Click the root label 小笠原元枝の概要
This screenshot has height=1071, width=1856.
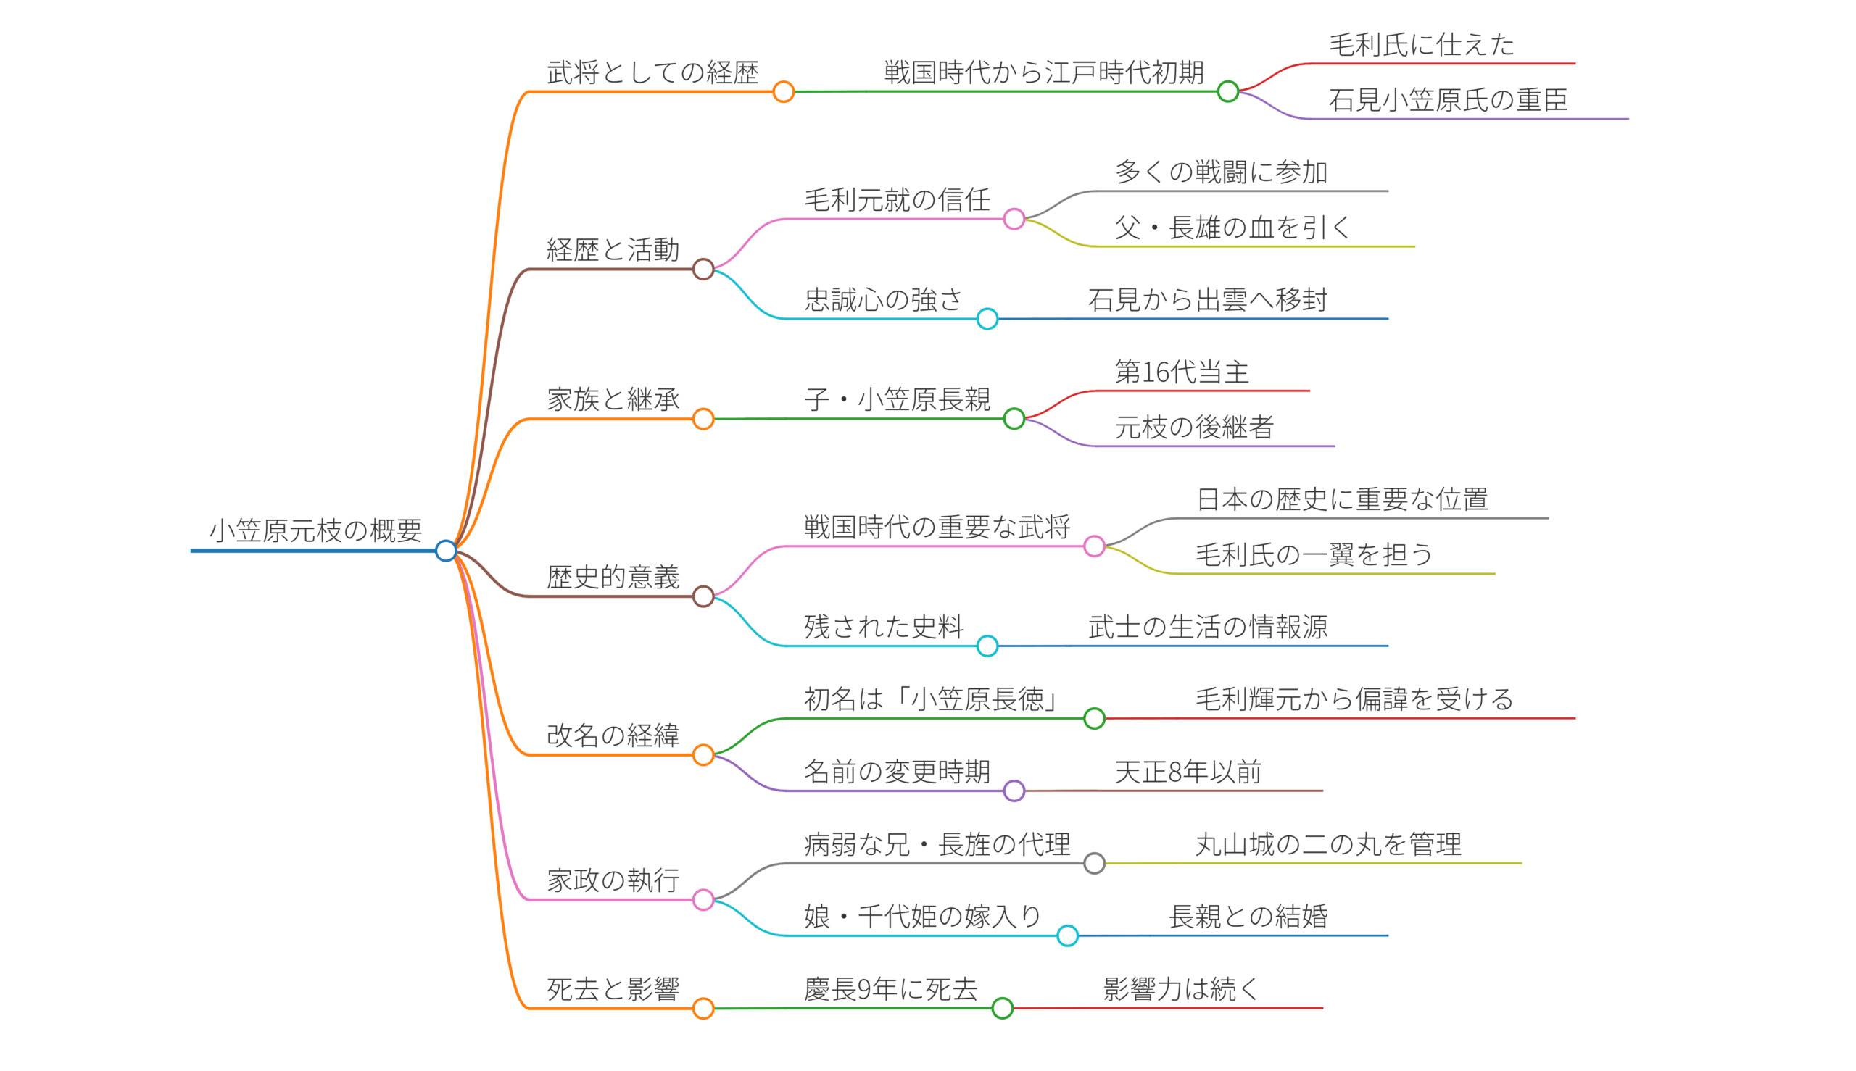pos(315,530)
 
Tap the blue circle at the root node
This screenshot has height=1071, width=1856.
pos(445,550)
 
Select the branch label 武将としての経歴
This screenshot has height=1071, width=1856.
pos(652,72)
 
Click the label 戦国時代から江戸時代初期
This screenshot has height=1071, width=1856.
pos(1043,72)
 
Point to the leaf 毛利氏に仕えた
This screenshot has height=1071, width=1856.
pos(1421,45)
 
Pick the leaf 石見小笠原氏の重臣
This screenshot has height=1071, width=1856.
pos(1448,100)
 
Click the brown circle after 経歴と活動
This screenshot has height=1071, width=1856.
pos(703,270)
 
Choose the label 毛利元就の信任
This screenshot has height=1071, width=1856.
pos(896,200)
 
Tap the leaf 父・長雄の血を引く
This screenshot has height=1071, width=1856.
pos(1232,228)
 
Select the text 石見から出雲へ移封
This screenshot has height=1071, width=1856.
pos(1207,300)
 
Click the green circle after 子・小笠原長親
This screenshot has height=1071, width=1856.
pos(1014,419)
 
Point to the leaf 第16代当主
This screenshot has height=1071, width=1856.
pos(1181,372)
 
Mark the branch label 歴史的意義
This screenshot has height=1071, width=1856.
pos(613,577)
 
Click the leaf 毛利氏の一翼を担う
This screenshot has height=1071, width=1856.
pos(1314,554)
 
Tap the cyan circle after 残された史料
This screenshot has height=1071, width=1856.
pos(987,646)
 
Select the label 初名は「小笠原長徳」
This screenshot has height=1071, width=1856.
pos(932,699)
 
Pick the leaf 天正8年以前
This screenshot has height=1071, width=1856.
pos(1188,772)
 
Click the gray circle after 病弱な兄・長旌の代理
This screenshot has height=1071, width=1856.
pos(1093,863)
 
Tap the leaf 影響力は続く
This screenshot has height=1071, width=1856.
pos(1181,989)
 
